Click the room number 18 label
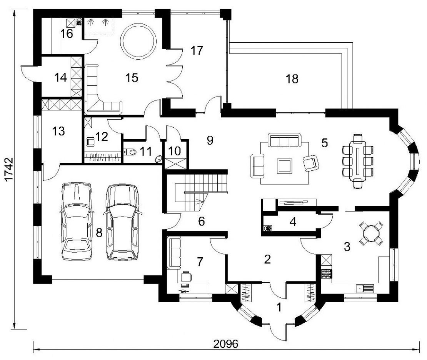click(292, 79)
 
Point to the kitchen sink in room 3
click(365, 288)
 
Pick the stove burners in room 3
click(327, 274)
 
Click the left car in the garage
click(77, 221)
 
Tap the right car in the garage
click(122, 222)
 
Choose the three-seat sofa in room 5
click(284, 140)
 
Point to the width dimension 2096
click(226, 344)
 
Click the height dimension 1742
click(9, 169)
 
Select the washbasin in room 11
click(158, 159)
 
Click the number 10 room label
click(175, 151)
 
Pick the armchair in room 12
click(90, 142)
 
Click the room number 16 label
click(67, 34)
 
